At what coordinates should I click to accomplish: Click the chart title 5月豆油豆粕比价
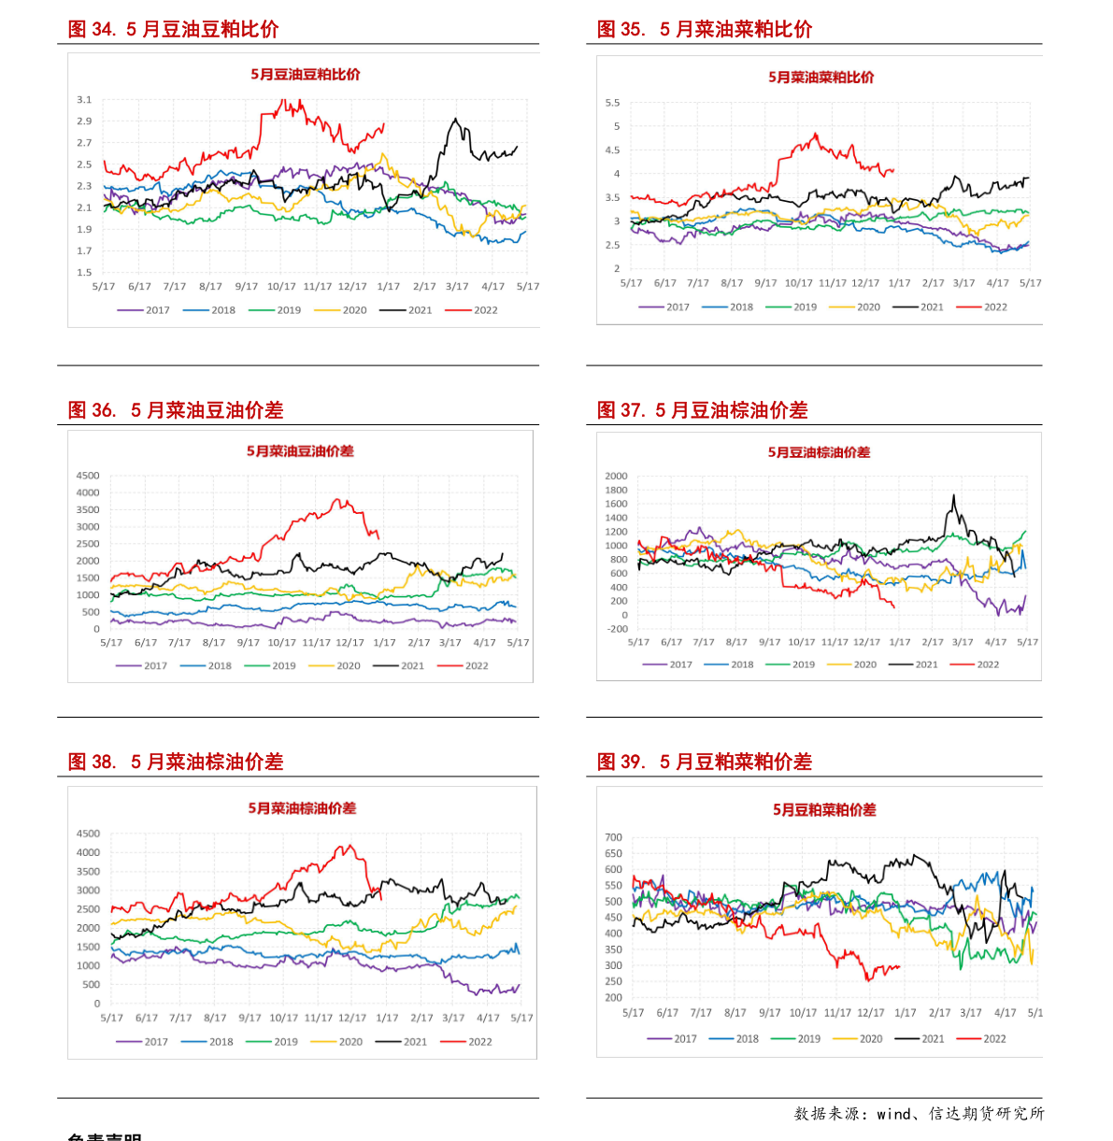tap(305, 74)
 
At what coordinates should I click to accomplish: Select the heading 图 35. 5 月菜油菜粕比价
tap(705, 30)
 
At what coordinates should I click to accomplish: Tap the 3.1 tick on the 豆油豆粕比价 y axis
tap(84, 99)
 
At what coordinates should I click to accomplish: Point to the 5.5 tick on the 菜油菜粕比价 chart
tap(612, 103)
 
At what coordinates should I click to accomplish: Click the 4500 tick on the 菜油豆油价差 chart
tap(87, 476)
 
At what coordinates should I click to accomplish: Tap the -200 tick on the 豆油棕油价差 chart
tap(617, 629)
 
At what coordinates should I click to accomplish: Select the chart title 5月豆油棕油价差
tap(819, 452)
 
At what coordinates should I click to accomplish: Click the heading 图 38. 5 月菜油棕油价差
tap(176, 763)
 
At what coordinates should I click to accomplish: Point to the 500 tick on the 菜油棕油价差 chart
tap(91, 985)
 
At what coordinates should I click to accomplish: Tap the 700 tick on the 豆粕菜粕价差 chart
tap(613, 838)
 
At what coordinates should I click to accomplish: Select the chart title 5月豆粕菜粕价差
tap(824, 810)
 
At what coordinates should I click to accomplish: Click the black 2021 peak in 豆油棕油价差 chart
tap(953, 496)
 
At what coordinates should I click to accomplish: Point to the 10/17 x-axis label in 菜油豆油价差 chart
tap(281, 643)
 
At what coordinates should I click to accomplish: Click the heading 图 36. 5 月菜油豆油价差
tap(176, 410)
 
